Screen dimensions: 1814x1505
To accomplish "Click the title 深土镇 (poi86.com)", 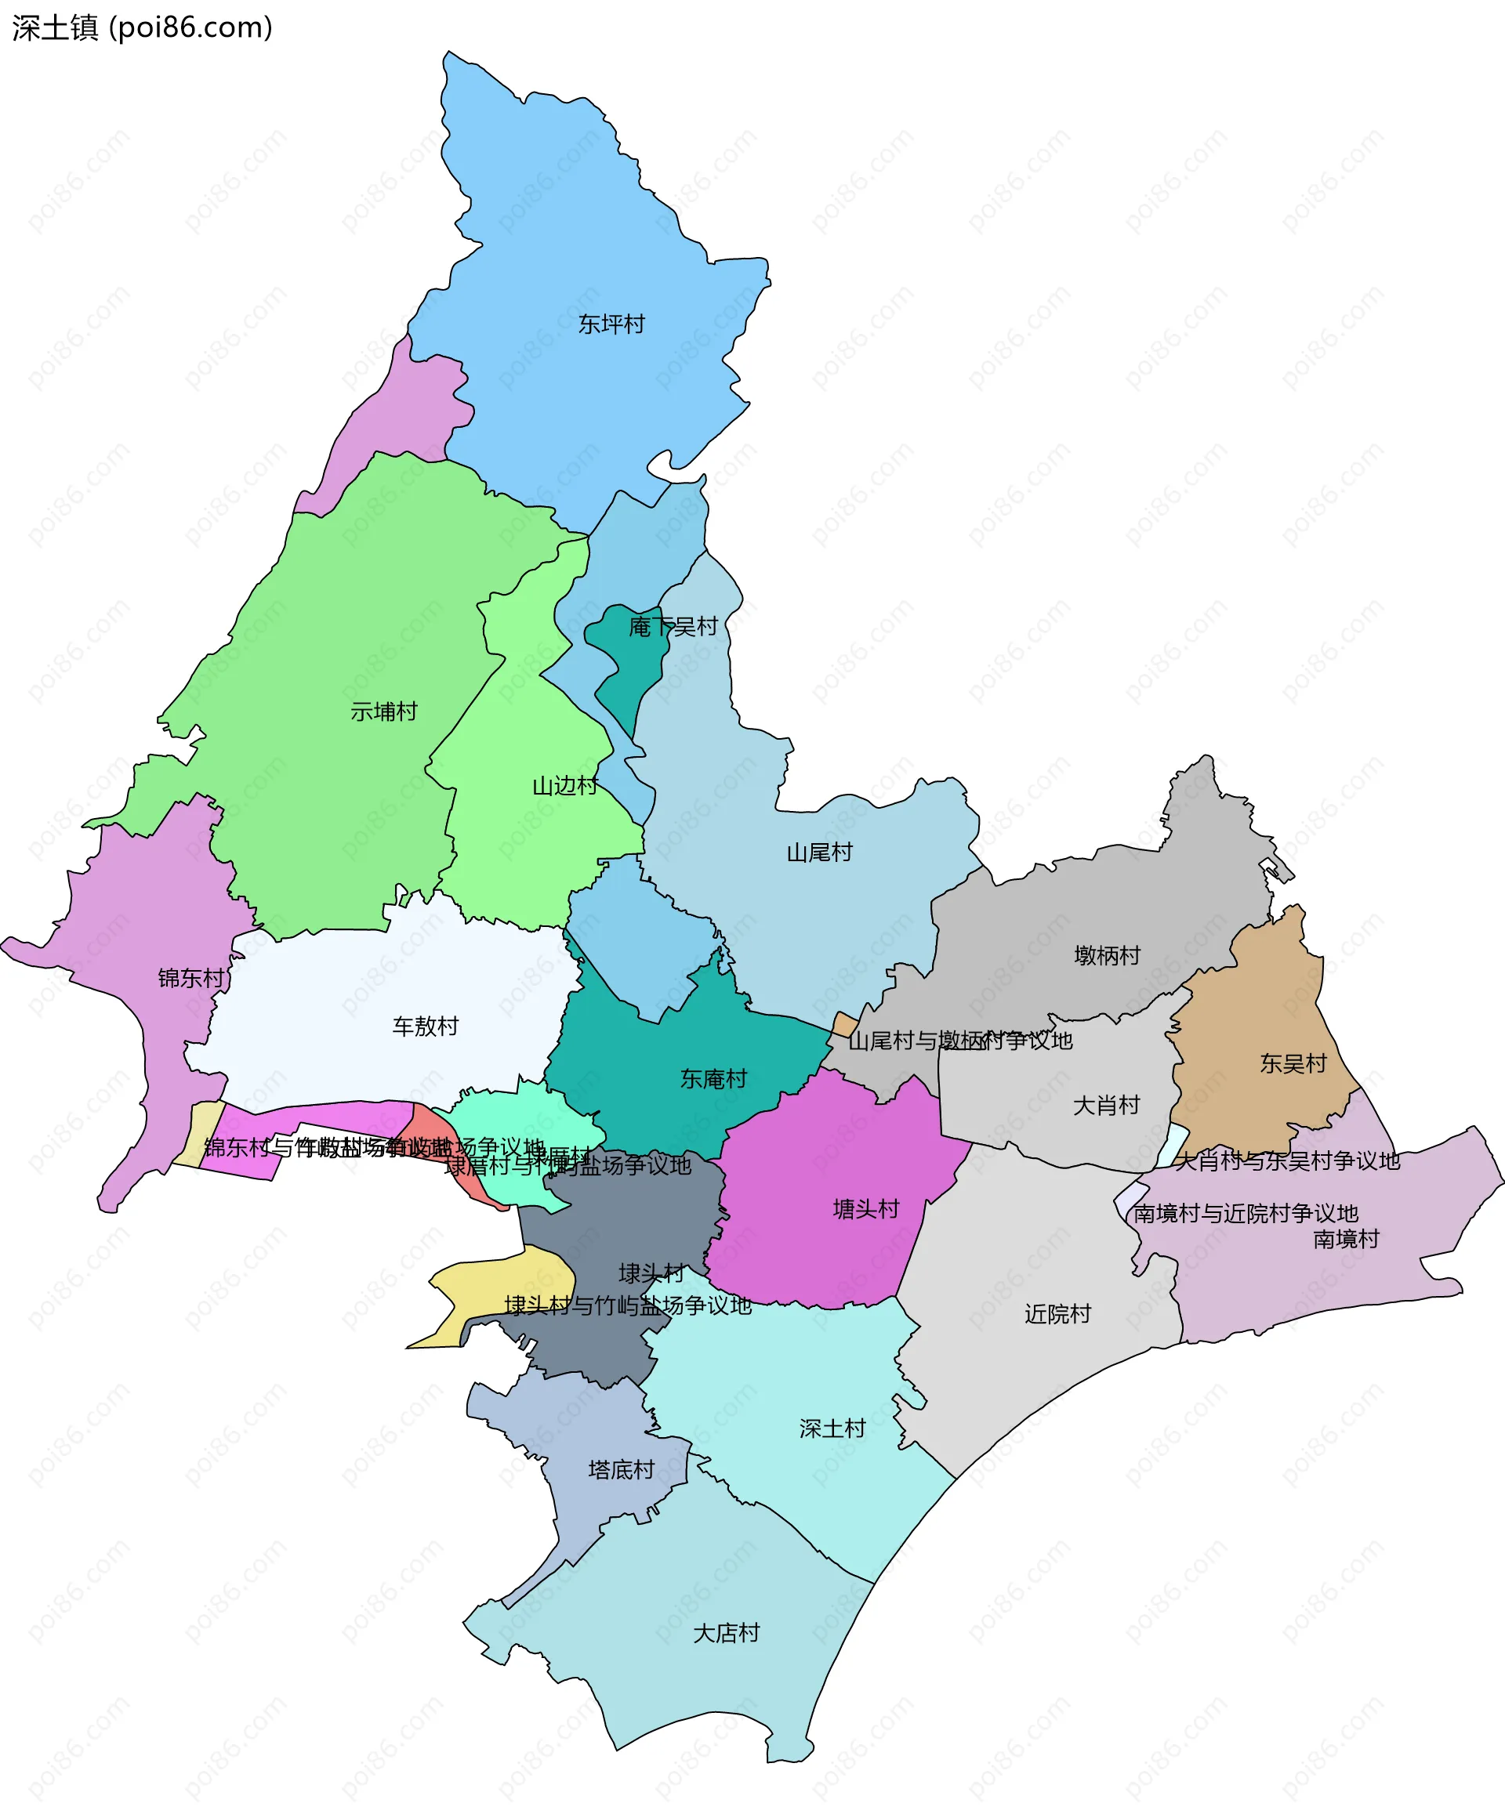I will pyautogui.click(x=143, y=27).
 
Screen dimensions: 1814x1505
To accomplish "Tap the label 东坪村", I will pyautogui.click(x=611, y=324).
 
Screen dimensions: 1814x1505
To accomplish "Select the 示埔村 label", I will pyautogui.click(x=383, y=711).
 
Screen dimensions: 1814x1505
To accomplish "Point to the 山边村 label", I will pyautogui.click(x=565, y=785).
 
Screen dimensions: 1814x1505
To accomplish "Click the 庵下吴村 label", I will pyautogui.click(x=673, y=626).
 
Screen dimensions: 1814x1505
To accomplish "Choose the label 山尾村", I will pyautogui.click(x=819, y=853).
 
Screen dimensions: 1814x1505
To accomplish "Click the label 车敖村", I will pyautogui.click(x=425, y=1026).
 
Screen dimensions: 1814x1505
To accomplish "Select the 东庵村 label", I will pyautogui.click(x=713, y=1079).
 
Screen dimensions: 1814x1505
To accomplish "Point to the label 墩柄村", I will pyautogui.click(x=1107, y=955).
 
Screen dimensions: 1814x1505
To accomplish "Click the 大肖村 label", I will pyautogui.click(x=1106, y=1106).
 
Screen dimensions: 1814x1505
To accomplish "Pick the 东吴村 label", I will pyautogui.click(x=1293, y=1063).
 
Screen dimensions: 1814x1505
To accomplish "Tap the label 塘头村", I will pyautogui.click(x=865, y=1209).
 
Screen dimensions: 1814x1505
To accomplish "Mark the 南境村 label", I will pyautogui.click(x=1346, y=1240).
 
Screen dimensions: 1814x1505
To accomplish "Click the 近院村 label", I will pyautogui.click(x=1057, y=1314).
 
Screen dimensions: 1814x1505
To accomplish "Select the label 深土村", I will pyautogui.click(x=832, y=1428).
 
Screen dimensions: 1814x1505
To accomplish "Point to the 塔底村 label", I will pyautogui.click(x=621, y=1469).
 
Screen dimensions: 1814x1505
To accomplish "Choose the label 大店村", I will pyautogui.click(x=726, y=1634).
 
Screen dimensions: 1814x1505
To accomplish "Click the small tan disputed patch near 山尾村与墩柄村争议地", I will pyautogui.click(x=844, y=1024).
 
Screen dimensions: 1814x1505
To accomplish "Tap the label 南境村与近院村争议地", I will pyautogui.click(x=1245, y=1214).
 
